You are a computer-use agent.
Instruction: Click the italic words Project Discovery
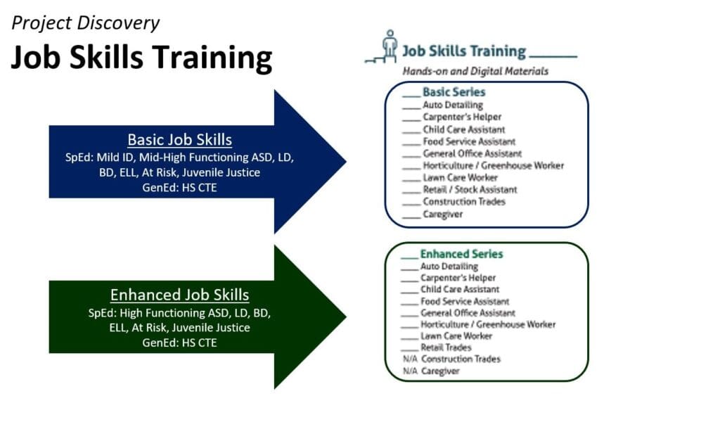click(x=85, y=23)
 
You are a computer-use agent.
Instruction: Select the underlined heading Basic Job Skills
click(x=179, y=139)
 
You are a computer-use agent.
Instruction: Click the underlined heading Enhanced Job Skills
click(x=179, y=295)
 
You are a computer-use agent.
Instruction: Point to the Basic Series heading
click(x=454, y=92)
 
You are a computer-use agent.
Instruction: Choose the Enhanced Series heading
click(x=461, y=254)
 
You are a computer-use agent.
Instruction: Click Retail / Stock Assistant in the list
click(x=470, y=190)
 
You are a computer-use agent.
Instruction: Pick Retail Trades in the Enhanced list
click(x=446, y=347)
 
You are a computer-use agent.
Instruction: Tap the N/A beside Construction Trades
click(x=410, y=359)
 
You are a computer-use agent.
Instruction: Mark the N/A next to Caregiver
click(x=410, y=371)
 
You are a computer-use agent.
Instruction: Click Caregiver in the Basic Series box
click(x=443, y=215)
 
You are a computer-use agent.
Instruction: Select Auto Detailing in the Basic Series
click(x=453, y=105)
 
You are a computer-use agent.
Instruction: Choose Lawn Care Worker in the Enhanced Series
click(x=456, y=336)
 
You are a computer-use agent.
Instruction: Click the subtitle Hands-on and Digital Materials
click(x=475, y=71)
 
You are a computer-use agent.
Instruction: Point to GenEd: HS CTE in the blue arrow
click(x=179, y=188)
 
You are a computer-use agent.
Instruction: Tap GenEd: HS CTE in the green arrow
click(x=179, y=343)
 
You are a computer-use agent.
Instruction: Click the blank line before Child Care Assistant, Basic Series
click(x=411, y=133)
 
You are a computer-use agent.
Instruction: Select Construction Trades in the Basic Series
click(x=464, y=202)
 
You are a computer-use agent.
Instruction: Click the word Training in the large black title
click(x=212, y=58)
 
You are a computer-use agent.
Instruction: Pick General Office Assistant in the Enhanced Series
click(x=468, y=313)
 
